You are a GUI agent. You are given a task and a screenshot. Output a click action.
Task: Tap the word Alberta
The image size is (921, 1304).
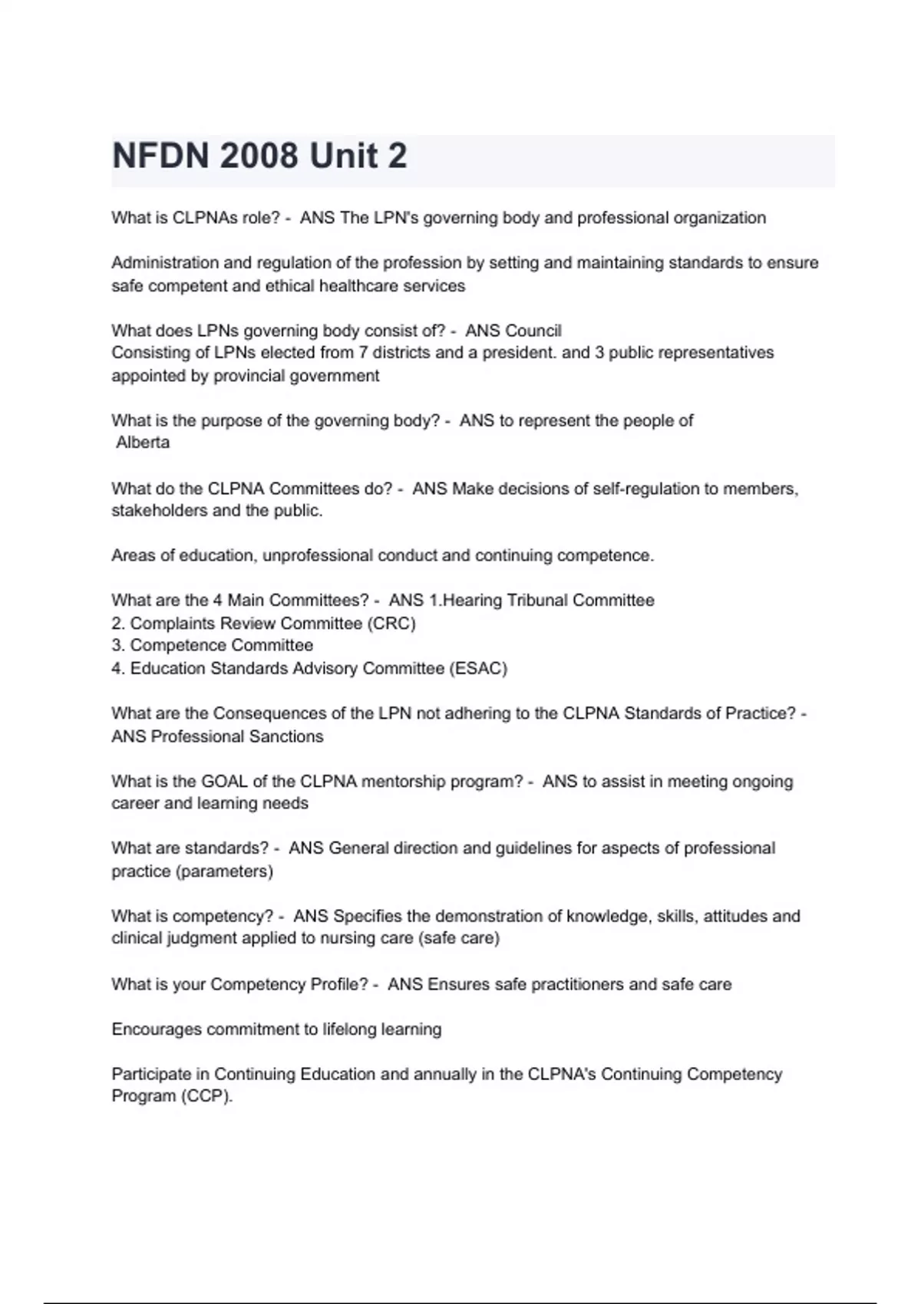[143, 443]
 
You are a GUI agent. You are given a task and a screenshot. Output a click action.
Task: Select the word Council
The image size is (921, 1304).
[533, 331]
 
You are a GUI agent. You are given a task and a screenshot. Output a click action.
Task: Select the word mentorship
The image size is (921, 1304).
[399, 782]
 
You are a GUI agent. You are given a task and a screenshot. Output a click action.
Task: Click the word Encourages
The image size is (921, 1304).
[157, 1029]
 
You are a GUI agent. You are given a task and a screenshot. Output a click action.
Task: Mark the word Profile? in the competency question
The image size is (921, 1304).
[339, 985]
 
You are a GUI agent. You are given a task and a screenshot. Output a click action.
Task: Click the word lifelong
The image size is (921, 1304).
[351, 1029]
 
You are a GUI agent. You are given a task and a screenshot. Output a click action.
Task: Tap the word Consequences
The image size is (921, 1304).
[269, 714]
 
